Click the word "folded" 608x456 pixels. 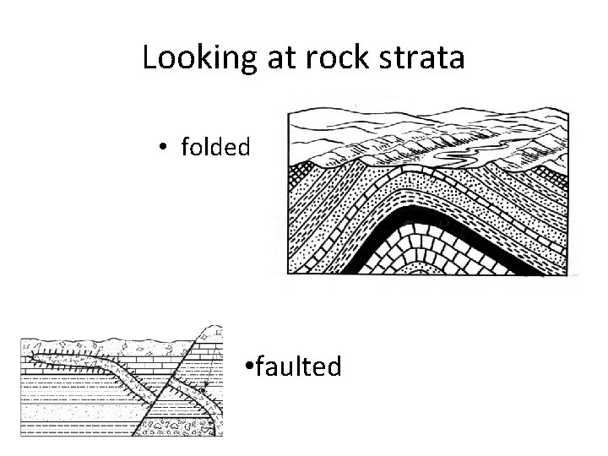tap(215, 148)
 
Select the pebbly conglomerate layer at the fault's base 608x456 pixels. tap(169, 426)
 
